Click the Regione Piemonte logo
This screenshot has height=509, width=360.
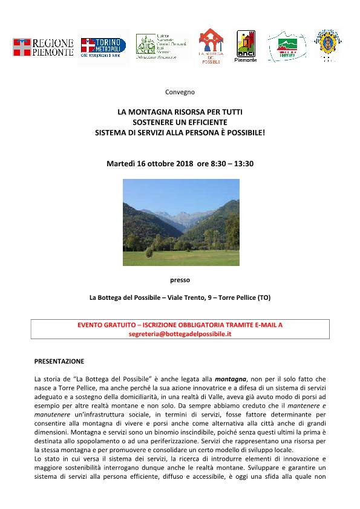[x=43, y=47]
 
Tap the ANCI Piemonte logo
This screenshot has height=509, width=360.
[x=246, y=47]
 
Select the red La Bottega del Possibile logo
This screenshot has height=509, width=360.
[x=211, y=45]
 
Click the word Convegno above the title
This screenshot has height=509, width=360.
[x=180, y=92]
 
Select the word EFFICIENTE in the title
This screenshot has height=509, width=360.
[x=205, y=122]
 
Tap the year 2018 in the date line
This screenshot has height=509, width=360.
[x=183, y=163]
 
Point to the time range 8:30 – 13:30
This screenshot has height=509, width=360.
[x=231, y=163]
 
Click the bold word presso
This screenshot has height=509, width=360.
[x=180, y=280]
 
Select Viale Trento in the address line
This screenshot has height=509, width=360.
[x=184, y=297]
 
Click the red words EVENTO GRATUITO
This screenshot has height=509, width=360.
[x=103, y=325]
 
